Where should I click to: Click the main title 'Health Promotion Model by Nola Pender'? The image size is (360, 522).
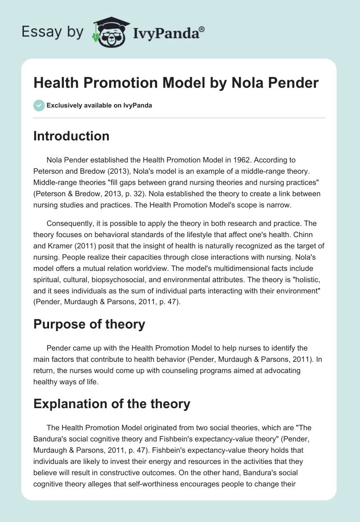pyautogui.click(x=175, y=83)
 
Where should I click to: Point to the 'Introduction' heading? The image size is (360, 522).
pyautogui.click(x=71, y=136)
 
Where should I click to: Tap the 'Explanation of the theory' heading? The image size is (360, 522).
pyautogui.click(x=112, y=404)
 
